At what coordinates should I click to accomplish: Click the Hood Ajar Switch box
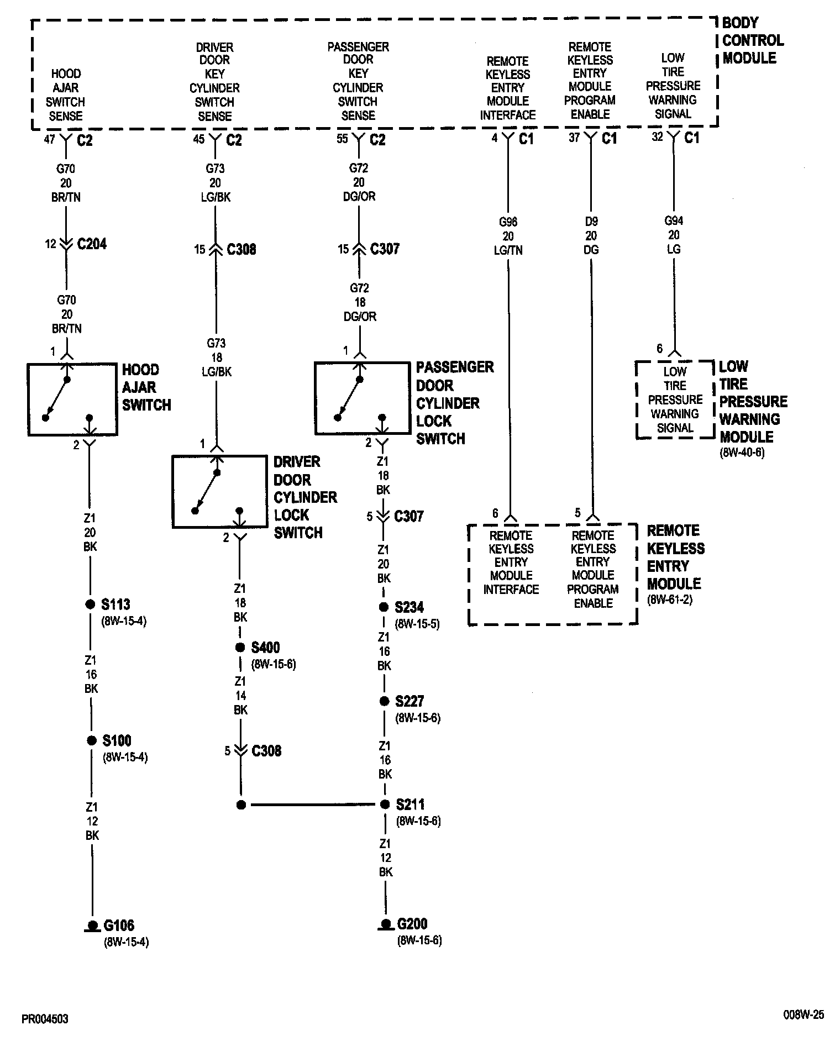(72, 399)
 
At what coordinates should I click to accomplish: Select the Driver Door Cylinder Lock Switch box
(219, 491)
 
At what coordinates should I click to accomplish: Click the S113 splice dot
(91, 604)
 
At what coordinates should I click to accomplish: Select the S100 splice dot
(92, 741)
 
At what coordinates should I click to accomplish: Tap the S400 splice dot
(240, 648)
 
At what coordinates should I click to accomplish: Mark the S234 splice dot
(384, 607)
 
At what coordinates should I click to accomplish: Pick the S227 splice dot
(384, 702)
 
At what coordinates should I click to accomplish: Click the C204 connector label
(92, 244)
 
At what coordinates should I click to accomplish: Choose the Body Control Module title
(753, 40)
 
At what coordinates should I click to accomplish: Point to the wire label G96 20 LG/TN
(508, 236)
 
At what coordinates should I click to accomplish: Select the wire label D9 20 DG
(591, 235)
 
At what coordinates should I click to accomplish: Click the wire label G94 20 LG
(674, 235)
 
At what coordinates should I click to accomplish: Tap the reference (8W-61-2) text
(669, 600)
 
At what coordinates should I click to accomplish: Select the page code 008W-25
(803, 1014)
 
